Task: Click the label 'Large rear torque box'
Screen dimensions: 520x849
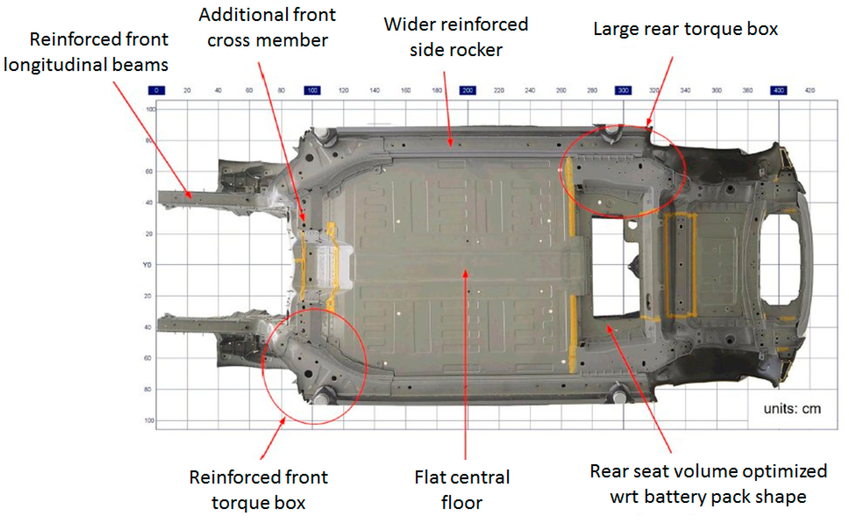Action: tap(685, 29)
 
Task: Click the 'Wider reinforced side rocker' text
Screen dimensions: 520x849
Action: tap(456, 37)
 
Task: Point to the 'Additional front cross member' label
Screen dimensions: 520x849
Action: tap(267, 28)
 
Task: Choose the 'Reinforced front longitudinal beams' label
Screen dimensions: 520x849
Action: tap(86, 52)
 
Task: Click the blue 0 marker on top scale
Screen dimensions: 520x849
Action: tap(156, 91)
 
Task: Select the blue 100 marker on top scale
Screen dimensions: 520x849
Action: tap(312, 91)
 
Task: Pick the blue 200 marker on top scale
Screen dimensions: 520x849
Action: tap(468, 91)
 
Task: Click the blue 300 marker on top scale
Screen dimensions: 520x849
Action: tap(623, 91)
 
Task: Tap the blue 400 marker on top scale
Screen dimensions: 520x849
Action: tap(779, 91)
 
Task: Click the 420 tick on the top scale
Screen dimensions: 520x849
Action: tap(810, 91)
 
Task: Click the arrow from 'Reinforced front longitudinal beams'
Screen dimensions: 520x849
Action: tap(152, 139)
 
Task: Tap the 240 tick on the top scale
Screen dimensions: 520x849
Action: tap(530, 91)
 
